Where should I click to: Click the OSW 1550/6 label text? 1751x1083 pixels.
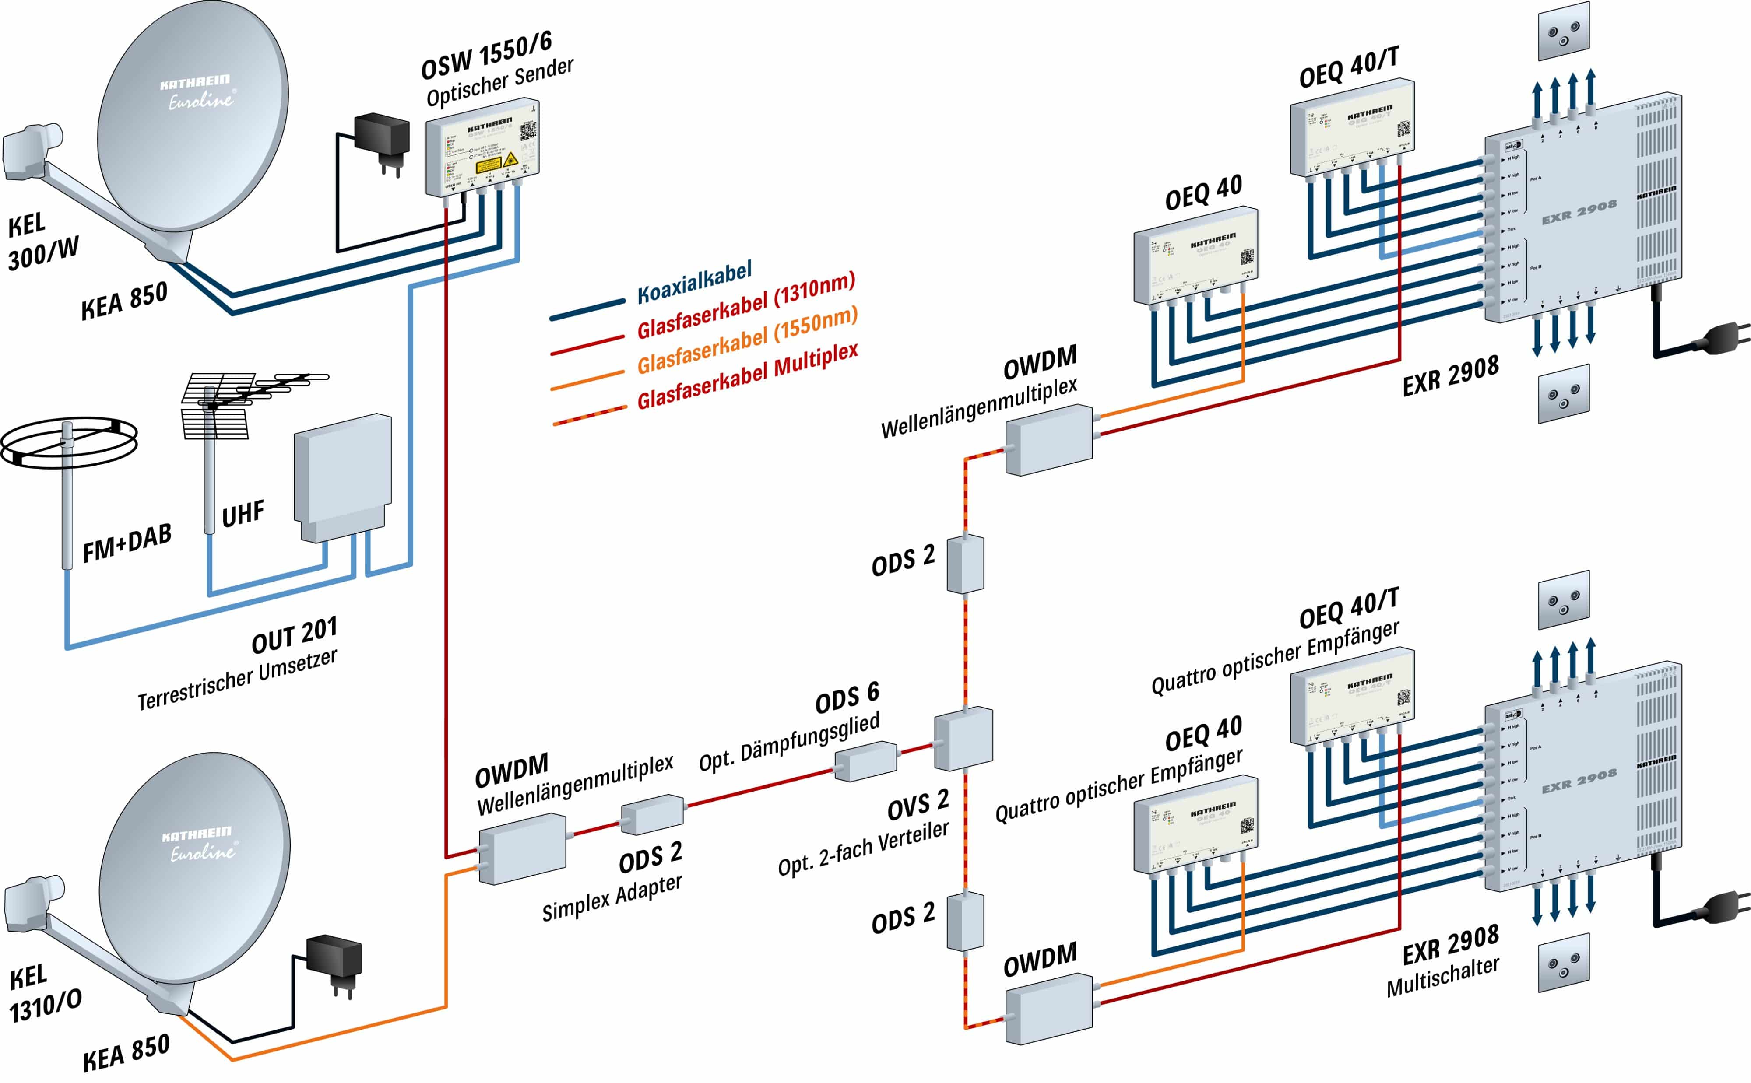coord(486,56)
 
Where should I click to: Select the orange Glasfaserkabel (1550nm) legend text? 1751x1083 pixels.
coord(746,341)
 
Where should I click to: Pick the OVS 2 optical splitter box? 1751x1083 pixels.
coord(963,739)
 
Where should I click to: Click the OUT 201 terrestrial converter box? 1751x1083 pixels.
coord(342,477)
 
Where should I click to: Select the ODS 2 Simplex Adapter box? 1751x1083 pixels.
coord(651,814)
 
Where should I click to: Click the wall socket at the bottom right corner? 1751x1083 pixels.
coord(1563,962)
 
